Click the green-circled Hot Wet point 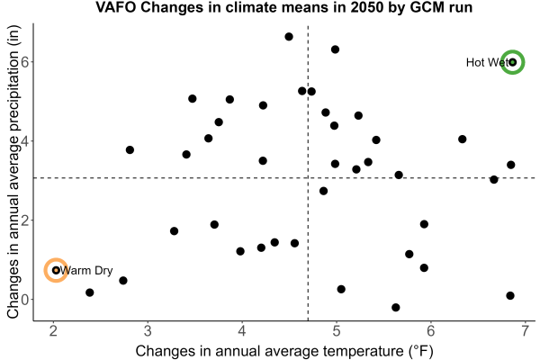click(512, 62)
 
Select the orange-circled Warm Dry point click(56, 270)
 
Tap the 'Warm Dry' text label click(86, 270)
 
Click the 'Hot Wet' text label click(487, 62)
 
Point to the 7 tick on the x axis click(525, 331)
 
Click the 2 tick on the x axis click(53, 331)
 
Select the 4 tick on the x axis click(242, 331)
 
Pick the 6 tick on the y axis click(25, 62)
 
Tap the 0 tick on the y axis click(25, 300)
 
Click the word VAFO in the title click(116, 7)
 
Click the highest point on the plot click(289, 37)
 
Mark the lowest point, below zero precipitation click(396, 307)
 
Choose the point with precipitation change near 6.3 click(335, 49)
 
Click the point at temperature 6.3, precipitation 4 click(463, 139)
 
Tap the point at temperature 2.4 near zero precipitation click(89, 292)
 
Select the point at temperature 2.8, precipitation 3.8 click(130, 150)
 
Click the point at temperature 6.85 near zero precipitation click(510, 295)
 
